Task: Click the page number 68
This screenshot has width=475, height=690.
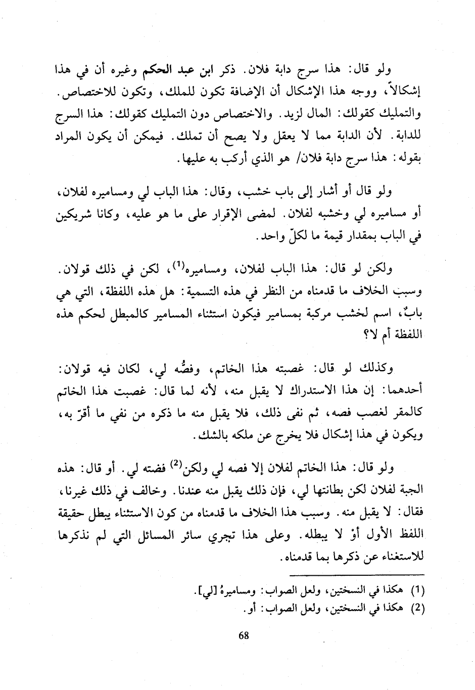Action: (244, 635)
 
